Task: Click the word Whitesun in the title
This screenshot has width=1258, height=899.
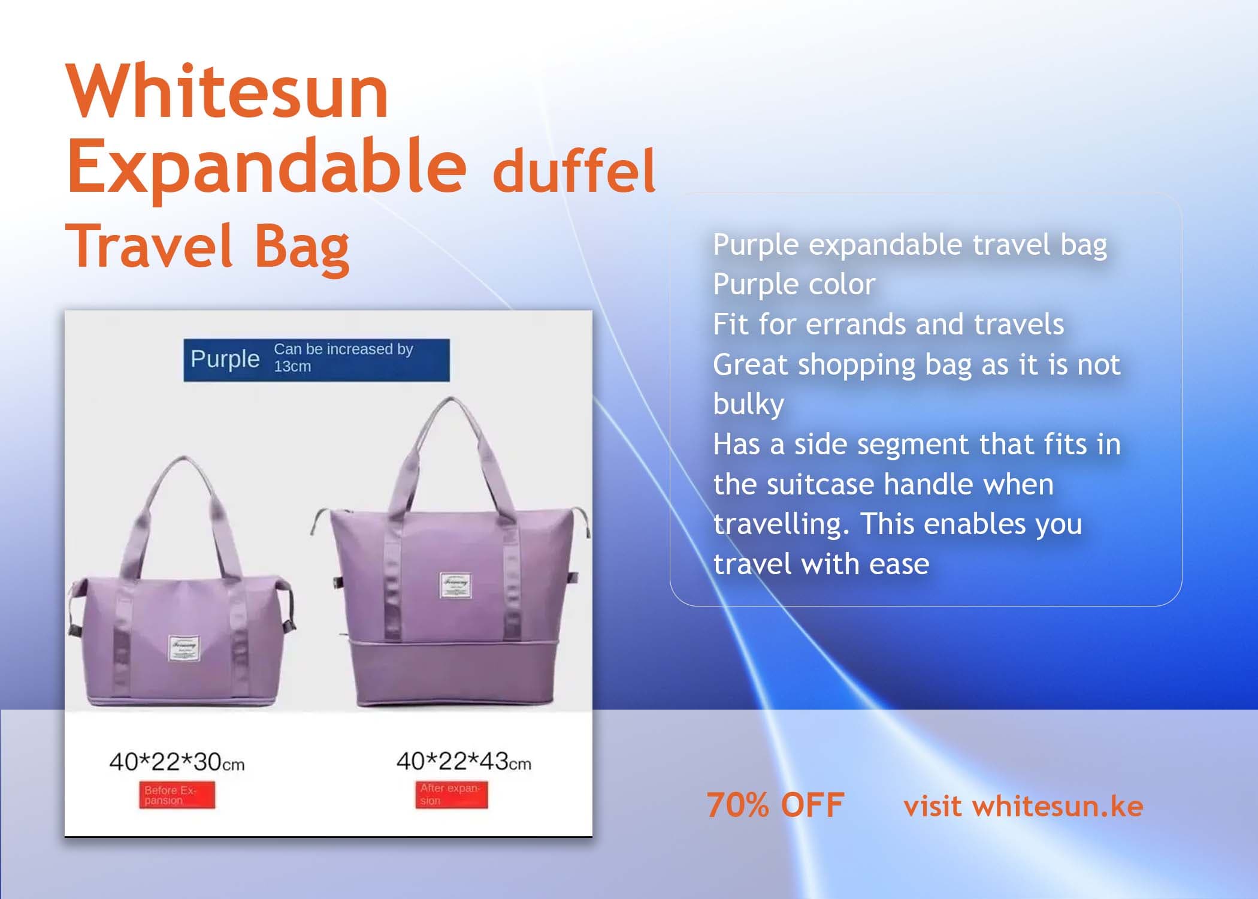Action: tap(228, 93)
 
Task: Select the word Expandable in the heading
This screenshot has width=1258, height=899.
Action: tap(267, 165)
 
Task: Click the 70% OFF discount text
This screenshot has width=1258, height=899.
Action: tap(775, 805)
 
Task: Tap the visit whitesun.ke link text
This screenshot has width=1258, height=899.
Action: tap(1023, 806)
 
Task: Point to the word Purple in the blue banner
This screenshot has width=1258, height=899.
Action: tap(225, 359)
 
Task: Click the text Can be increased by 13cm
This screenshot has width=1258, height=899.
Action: tap(343, 357)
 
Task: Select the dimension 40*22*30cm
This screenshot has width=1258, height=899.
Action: tap(177, 762)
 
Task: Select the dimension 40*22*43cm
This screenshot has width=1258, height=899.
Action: tap(463, 761)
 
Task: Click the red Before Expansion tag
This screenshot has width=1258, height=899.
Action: tap(177, 795)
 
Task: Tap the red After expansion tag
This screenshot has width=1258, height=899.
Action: tap(452, 795)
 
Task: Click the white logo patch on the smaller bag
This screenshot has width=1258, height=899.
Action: tap(184, 649)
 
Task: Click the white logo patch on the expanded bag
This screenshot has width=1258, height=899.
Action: tap(455, 584)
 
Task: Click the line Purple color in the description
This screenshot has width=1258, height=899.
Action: tap(794, 284)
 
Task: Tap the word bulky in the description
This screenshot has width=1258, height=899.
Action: tap(748, 404)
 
